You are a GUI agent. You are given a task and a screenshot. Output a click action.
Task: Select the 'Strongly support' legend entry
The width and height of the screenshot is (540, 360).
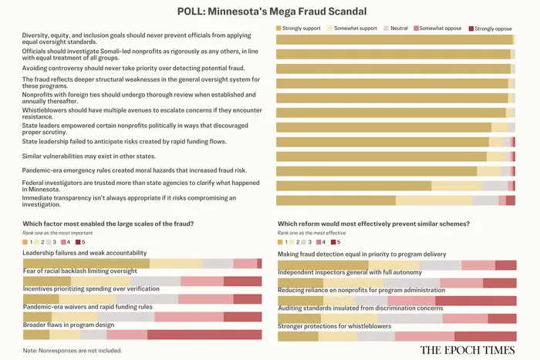(302, 29)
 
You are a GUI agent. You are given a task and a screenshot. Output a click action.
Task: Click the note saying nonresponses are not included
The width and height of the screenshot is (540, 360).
(73, 351)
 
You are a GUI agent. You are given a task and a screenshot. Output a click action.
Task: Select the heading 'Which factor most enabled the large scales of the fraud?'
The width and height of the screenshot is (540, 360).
(108, 224)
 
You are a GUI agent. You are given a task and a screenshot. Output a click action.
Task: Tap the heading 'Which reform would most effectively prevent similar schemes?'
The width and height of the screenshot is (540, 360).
(373, 224)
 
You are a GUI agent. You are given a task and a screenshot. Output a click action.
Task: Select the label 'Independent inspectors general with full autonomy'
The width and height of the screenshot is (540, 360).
(349, 271)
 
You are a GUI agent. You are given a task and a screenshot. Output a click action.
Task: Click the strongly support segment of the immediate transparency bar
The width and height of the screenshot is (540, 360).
(336, 200)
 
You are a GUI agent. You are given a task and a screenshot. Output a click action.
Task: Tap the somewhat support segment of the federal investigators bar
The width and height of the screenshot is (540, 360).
(456, 186)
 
